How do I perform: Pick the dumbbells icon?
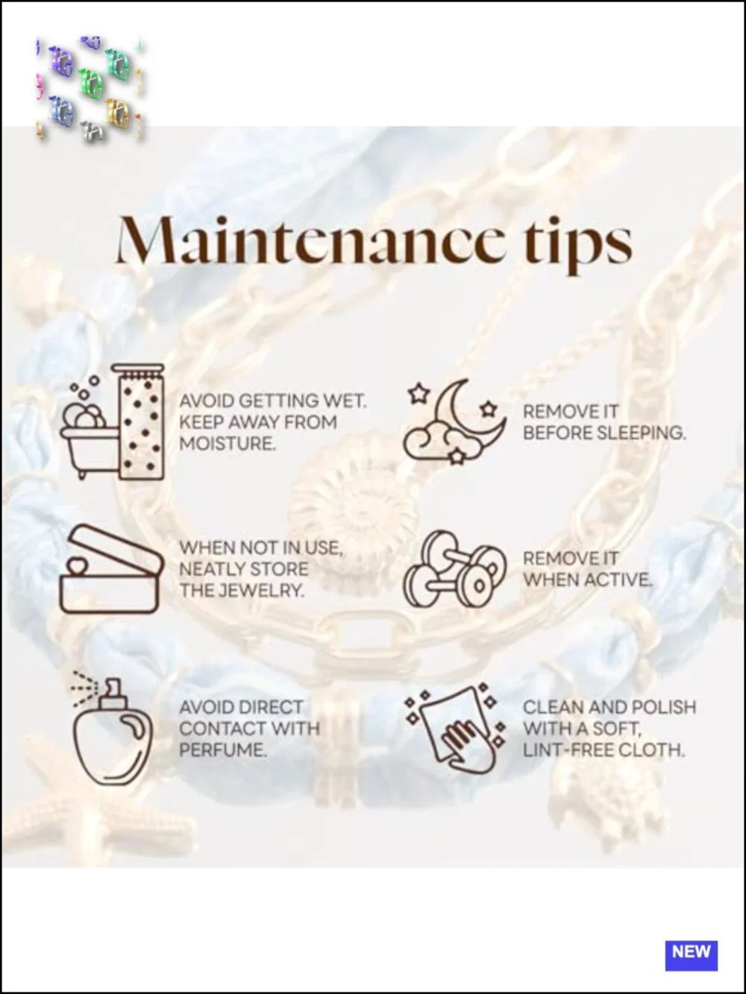coord(454,569)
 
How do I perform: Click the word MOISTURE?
coord(228,444)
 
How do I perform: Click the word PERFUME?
coord(223,750)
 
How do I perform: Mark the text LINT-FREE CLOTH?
coord(604,750)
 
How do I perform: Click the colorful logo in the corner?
coord(90,87)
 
